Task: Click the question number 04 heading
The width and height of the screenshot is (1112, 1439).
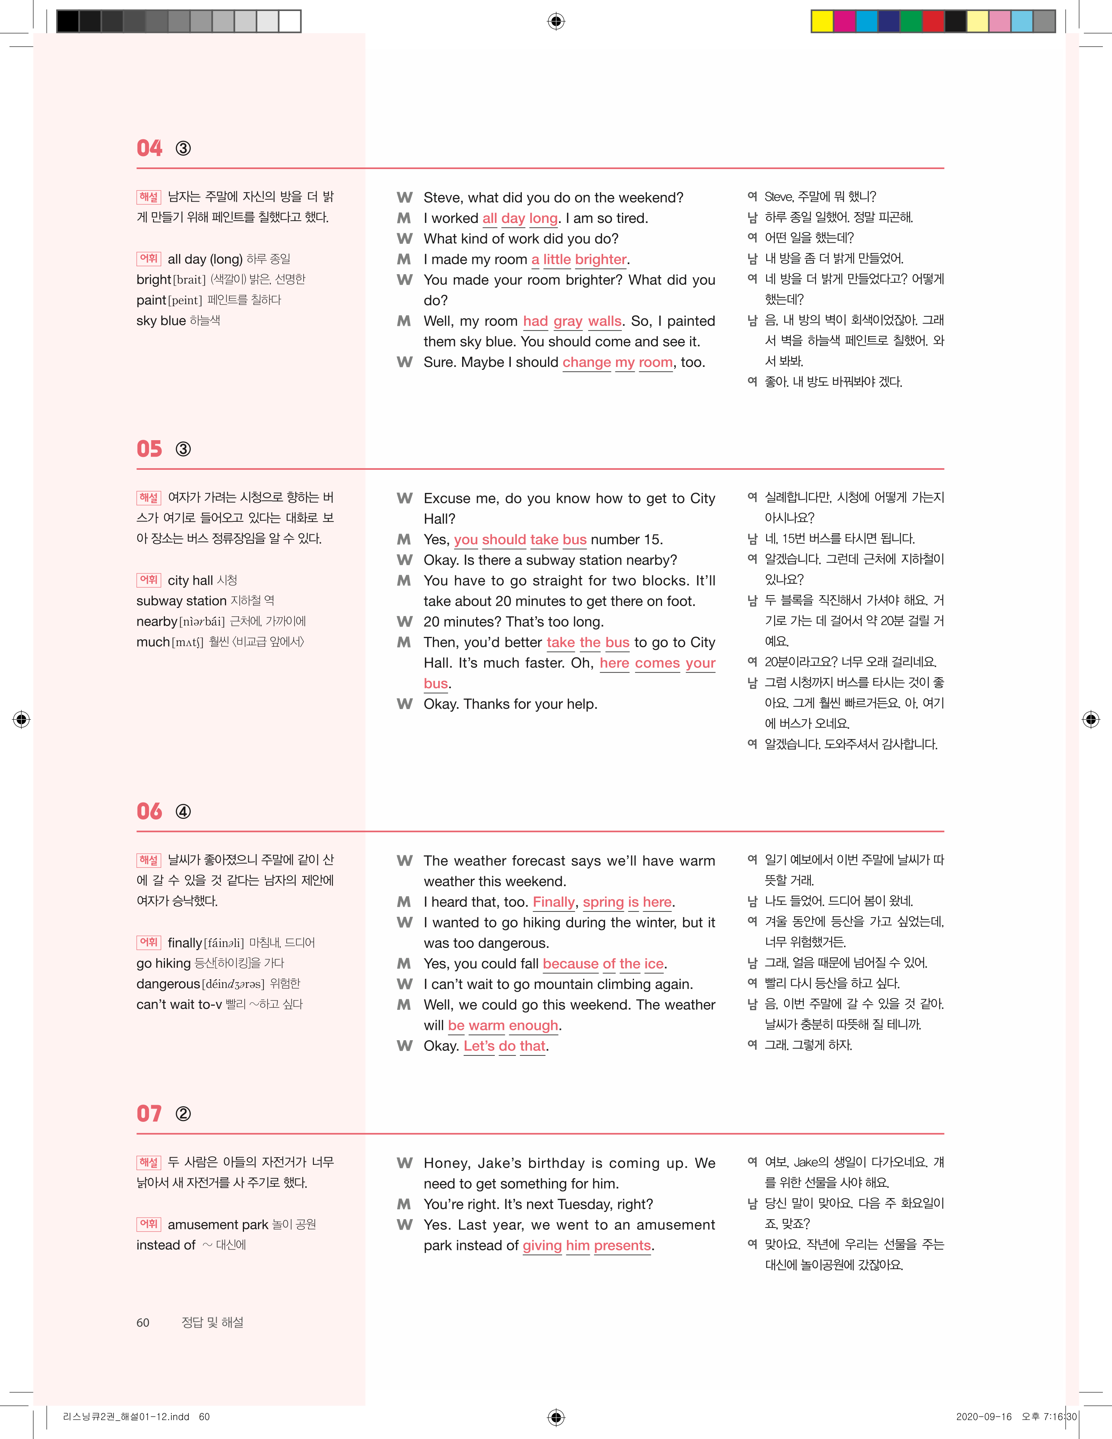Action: [x=149, y=148]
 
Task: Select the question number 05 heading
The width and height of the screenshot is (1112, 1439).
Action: [x=149, y=449]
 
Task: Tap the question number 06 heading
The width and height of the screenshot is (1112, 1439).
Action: [x=149, y=811]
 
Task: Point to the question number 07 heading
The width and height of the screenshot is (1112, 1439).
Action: [x=149, y=1114]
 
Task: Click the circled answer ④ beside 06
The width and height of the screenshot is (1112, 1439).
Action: [x=183, y=812]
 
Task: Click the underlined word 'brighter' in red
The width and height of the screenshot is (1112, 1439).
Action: [x=600, y=260]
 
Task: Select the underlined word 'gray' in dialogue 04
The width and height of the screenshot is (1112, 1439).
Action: [x=567, y=322]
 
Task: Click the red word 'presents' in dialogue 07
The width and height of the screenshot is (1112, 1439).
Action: [x=622, y=1245]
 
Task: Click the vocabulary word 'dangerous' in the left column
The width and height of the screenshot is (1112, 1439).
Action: [x=168, y=984]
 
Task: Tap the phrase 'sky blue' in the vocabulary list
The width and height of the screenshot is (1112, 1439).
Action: [x=161, y=321]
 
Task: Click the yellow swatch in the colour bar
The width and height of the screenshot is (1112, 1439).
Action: [x=822, y=22]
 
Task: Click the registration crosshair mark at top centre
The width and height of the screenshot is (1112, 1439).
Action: [x=556, y=22]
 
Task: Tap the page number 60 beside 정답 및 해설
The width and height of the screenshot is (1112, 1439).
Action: [x=143, y=1322]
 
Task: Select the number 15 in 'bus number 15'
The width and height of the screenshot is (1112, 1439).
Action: [x=652, y=540]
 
